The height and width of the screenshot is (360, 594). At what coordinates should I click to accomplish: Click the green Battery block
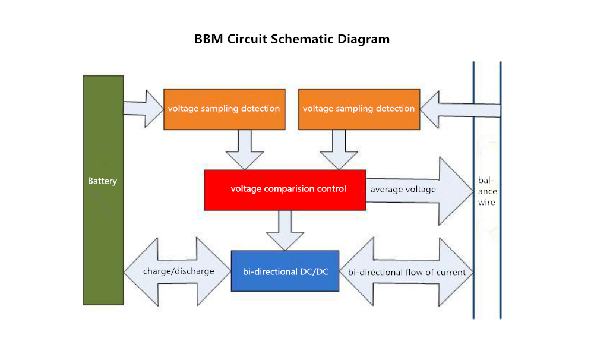(x=103, y=190)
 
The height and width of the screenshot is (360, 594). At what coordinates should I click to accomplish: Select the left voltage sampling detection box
(x=225, y=109)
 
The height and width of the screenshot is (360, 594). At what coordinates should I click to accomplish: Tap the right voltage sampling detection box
(x=359, y=109)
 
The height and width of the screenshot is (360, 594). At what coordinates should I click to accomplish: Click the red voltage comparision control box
(x=285, y=190)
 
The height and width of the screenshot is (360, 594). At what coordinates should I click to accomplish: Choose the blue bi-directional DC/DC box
(x=285, y=271)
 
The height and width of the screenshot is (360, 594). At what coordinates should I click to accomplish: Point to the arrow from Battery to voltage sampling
(x=144, y=108)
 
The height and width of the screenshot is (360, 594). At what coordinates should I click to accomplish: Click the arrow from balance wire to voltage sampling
(x=460, y=110)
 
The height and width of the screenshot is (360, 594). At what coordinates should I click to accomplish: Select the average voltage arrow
(x=420, y=191)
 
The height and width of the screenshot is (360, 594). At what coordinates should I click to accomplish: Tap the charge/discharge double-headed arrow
(x=177, y=271)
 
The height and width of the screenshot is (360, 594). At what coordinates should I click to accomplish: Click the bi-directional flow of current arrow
(x=406, y=271)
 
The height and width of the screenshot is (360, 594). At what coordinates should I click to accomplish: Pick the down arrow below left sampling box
(x=245, y=150)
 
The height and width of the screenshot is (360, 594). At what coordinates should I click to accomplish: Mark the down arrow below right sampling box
(x=339, y=150)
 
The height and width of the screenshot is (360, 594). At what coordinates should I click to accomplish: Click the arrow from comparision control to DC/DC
(x=285, y=230)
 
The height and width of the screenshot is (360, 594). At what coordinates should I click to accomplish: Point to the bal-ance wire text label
(x=487, y=191)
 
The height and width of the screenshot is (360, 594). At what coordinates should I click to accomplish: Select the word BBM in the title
(x=208, y=39)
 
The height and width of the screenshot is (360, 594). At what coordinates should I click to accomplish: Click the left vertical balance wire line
(x=473, y=190)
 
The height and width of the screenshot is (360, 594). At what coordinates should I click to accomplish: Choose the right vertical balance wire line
(x=500, y=190)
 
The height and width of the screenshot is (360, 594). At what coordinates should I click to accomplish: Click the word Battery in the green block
(x=102, y=181)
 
